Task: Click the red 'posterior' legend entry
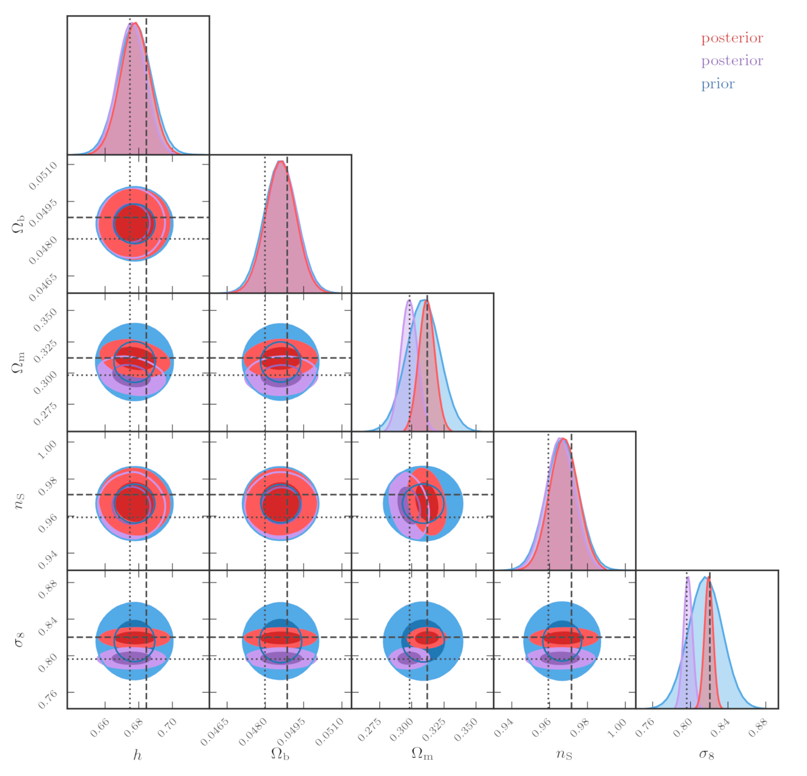tap(732, 38)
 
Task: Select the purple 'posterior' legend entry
tap(732, 61)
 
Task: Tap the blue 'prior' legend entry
tap(717, 84)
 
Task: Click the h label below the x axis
tap(138, 755)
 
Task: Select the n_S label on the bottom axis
tap(564, 754)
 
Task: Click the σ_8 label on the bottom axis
tap(707, 754)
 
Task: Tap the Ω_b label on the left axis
tap(18, 224)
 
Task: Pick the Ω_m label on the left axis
tap(18, 362)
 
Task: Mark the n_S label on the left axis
tap(18, 501)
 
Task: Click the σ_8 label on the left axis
tap(18, 639)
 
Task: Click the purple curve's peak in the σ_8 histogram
tap(687, 577)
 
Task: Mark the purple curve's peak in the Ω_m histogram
tap(410, 301)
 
